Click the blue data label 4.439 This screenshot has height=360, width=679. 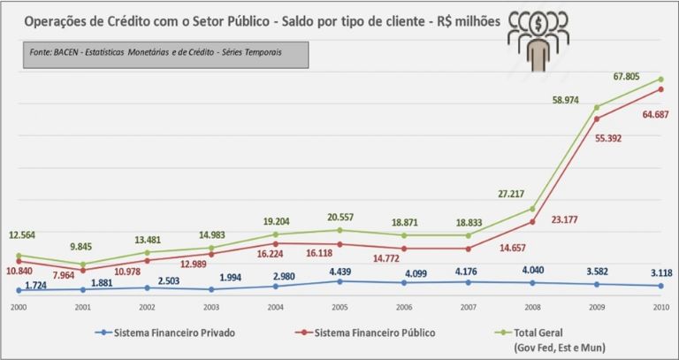339,271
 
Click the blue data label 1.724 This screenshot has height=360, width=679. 36,286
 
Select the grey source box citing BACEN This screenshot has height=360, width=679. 167,54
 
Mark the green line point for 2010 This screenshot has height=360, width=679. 661,79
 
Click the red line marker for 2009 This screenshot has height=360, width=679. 597,119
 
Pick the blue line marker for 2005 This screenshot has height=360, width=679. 339,280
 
